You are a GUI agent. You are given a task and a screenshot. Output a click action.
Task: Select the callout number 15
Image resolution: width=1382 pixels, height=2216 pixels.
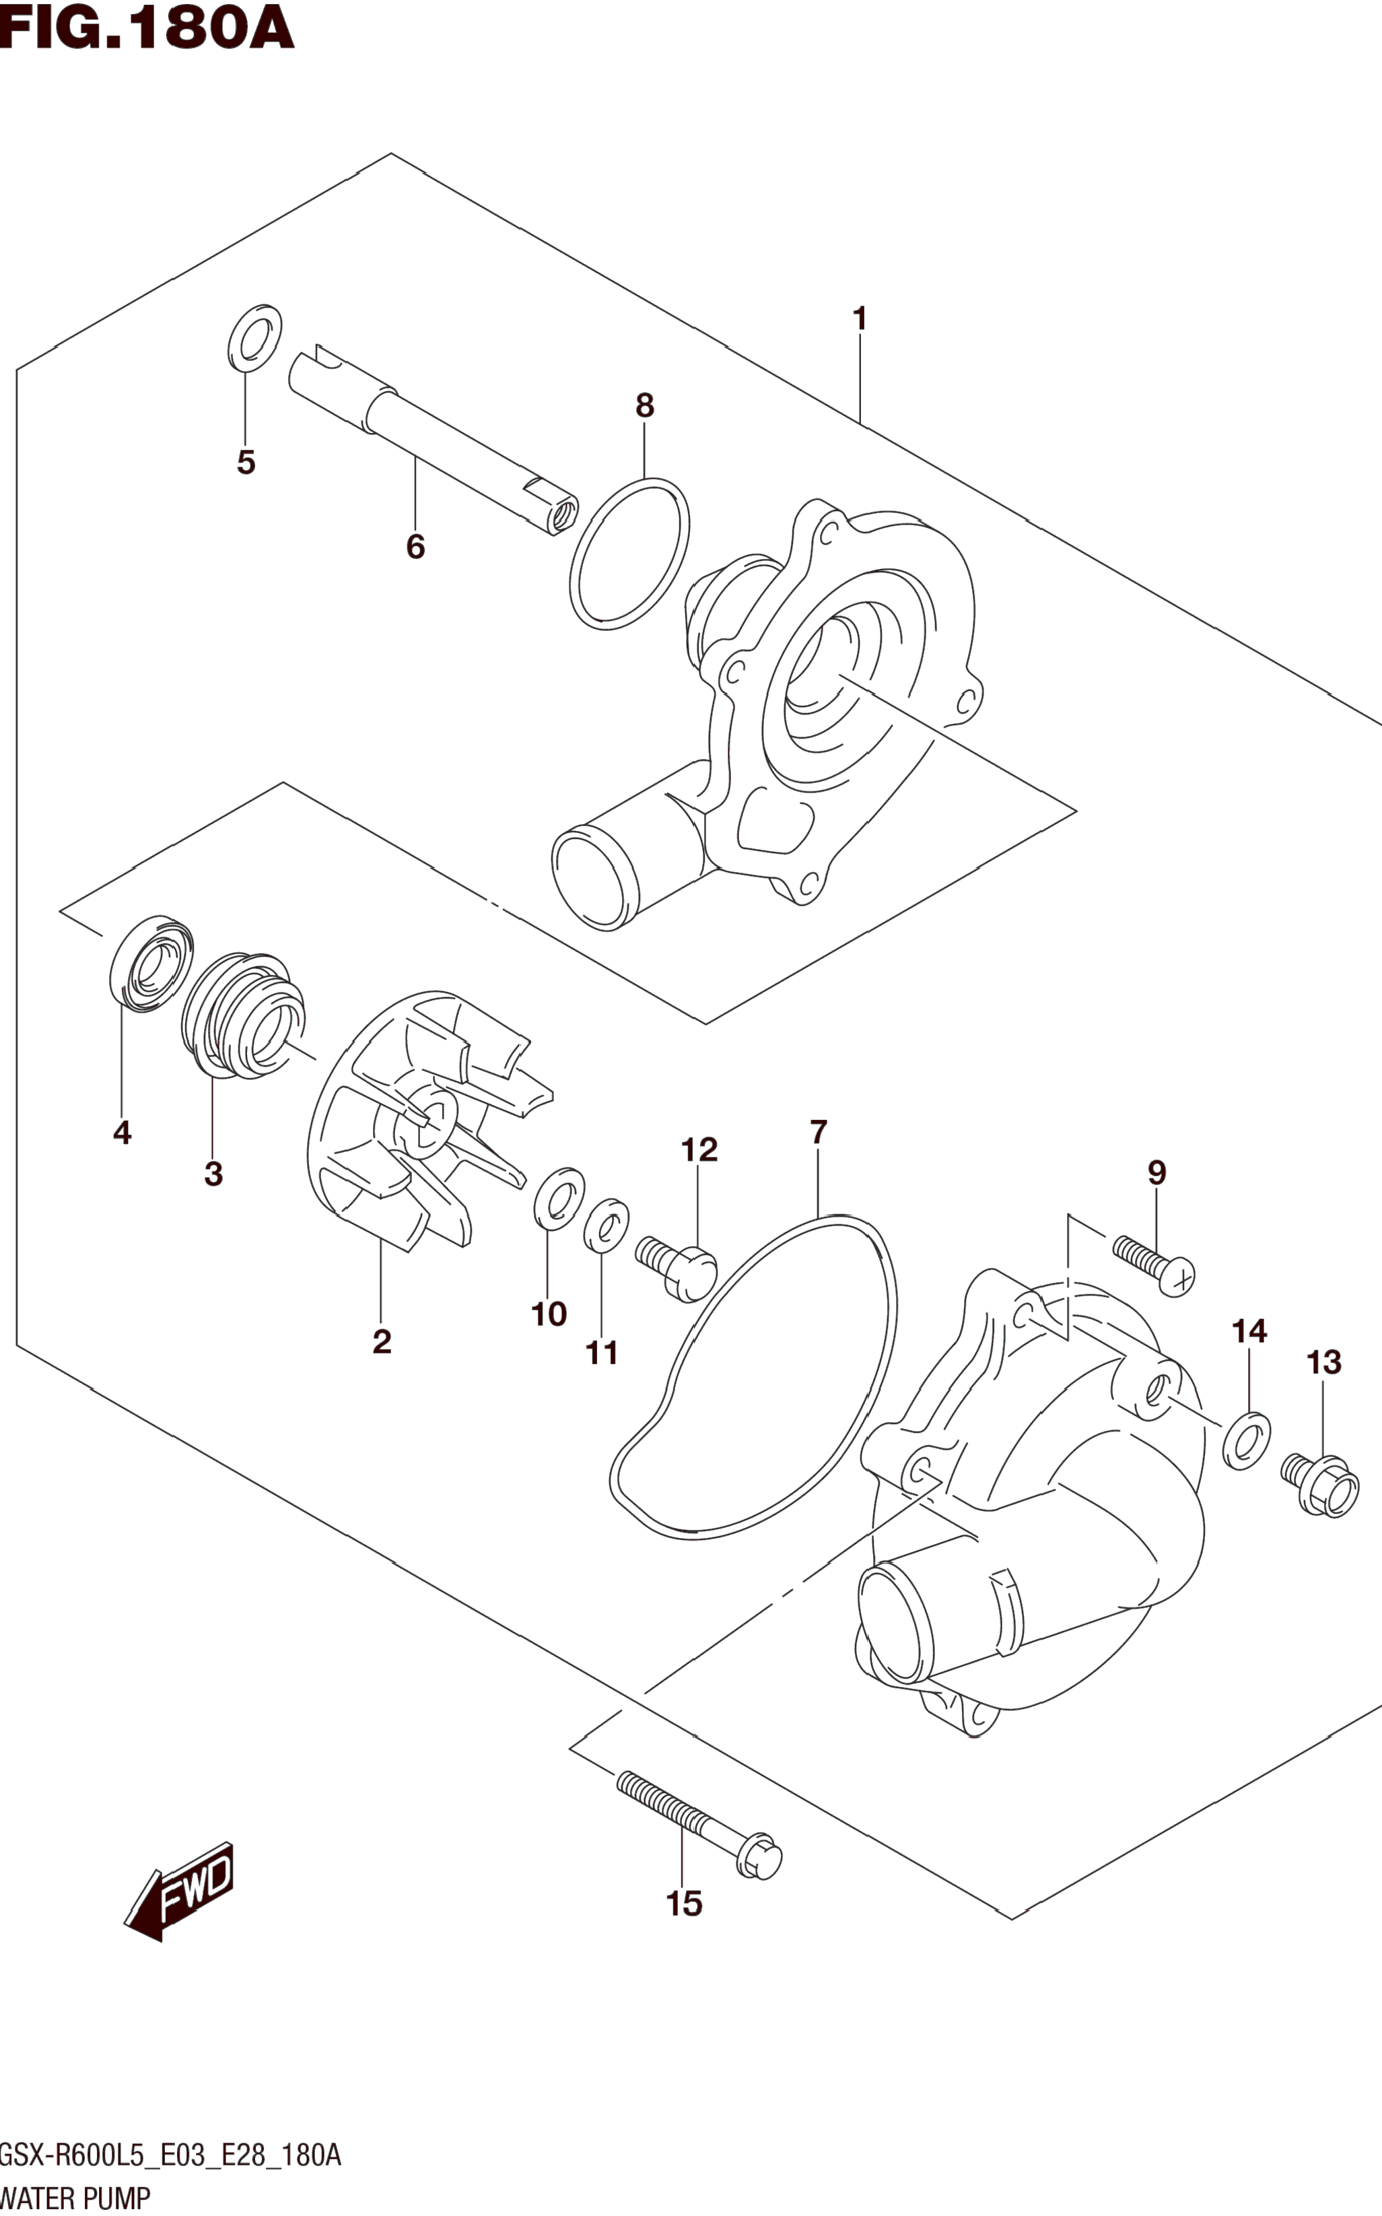point(684,1904)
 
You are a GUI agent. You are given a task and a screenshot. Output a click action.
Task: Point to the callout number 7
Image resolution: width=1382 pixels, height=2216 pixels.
point(818,1132)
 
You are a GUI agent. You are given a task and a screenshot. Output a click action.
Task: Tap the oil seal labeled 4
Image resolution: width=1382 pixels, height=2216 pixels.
point(151,963)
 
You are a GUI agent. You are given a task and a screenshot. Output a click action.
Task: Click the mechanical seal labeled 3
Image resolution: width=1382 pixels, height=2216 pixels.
point(243,1013)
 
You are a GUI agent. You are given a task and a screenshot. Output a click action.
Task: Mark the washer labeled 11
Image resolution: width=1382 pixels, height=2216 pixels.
point(606,1224)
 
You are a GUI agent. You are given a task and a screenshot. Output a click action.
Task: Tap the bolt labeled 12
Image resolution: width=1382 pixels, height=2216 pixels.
point(677,1265)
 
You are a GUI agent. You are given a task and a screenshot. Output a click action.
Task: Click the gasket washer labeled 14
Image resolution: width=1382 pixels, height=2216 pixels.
point(1247,1441)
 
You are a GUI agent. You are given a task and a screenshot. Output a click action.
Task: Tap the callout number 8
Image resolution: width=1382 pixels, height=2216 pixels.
point(644,405)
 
